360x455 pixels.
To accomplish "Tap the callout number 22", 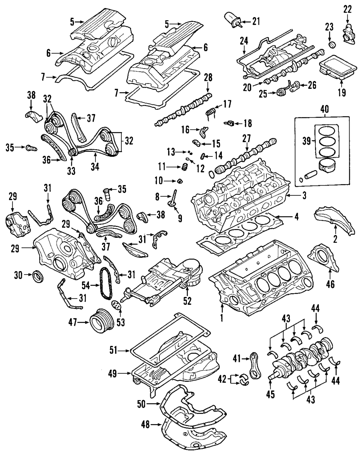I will (x=347, y=9).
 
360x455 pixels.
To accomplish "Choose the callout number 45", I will (x=270, y=395).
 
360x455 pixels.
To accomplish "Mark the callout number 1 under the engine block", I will (x=222, y=318).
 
